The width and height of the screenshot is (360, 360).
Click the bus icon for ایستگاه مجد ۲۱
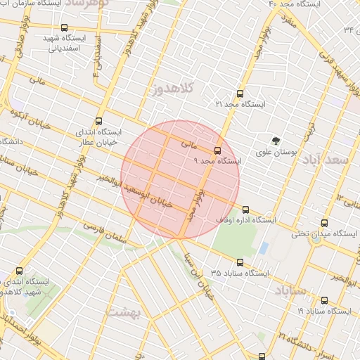pos(240,93)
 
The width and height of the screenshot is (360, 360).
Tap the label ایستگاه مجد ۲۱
pos(242,104)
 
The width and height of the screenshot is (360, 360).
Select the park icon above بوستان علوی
pos(275,141)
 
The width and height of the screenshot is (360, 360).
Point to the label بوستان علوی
pos(276,151)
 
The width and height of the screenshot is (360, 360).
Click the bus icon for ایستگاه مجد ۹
pos(217,150)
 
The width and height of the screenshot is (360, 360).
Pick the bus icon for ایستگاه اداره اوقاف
pos(245,209)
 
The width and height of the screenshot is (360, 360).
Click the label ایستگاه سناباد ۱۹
pos(323,310)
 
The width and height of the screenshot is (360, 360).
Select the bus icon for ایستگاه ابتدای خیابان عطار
pos(98,120)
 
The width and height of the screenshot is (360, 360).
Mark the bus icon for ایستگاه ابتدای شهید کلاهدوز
pos(19,270)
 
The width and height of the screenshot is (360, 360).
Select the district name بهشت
pos(124,310)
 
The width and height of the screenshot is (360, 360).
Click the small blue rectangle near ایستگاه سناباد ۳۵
pos(264,248)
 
